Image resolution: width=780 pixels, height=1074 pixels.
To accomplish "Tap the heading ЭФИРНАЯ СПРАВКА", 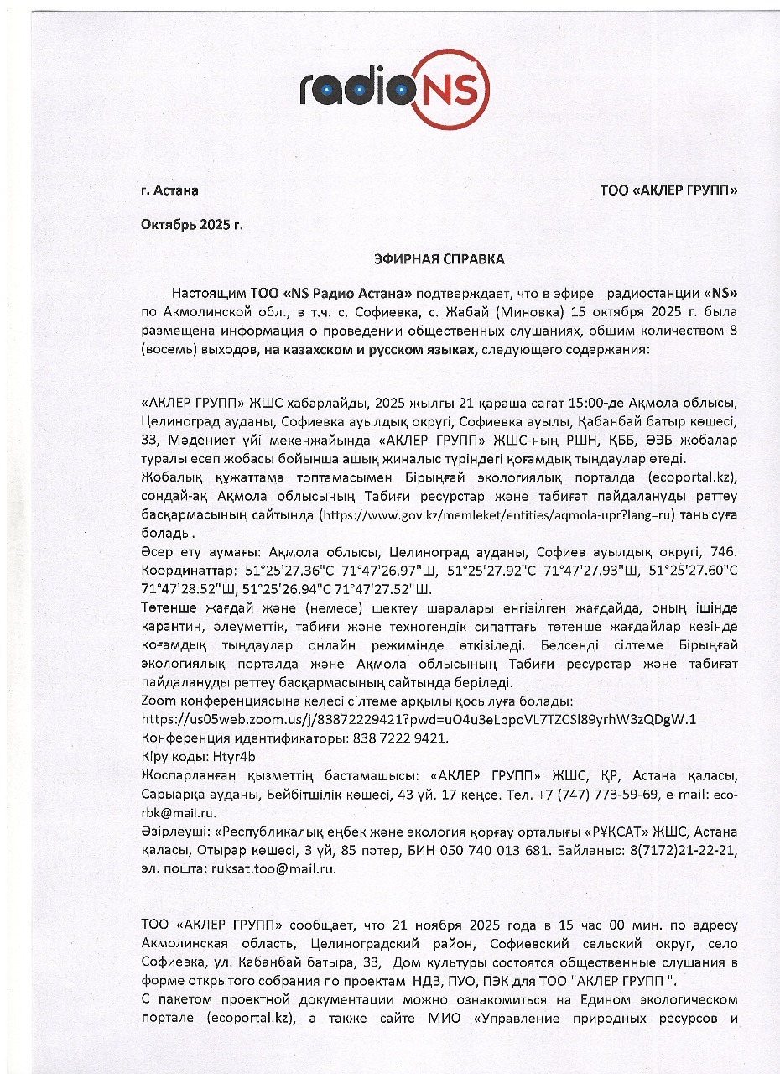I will point(439,259).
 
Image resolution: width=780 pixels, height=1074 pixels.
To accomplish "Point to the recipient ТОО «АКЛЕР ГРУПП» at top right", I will point(668,190).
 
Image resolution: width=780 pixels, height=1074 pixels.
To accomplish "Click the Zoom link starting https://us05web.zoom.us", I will point(419,719).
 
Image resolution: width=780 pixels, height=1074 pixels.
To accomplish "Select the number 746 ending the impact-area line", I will point(724,552).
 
